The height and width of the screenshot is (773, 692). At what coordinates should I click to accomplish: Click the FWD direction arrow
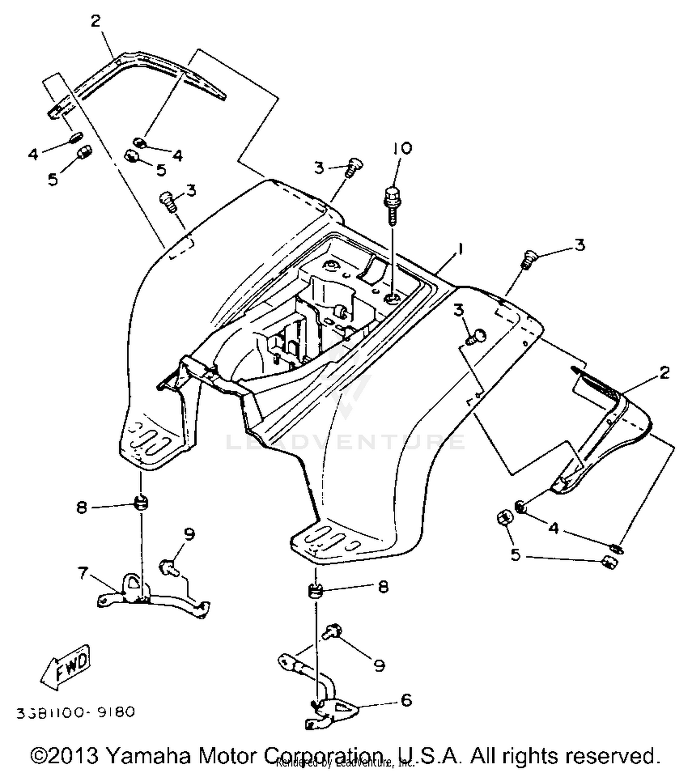tap(66, 667)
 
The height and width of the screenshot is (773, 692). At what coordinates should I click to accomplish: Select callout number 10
tap(402, 149)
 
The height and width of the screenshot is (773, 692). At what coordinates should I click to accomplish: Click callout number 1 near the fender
tap(459, 251)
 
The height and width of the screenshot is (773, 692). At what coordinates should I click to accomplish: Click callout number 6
tap(406, 700)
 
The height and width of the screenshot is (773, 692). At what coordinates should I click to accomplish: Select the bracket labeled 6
tap(330, 708)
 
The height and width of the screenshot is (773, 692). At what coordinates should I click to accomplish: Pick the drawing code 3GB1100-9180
tap(76, 713)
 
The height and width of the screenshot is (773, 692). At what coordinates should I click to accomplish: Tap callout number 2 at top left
tap(95, 21)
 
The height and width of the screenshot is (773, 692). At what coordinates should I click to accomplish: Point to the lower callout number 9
tap(379, 665)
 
